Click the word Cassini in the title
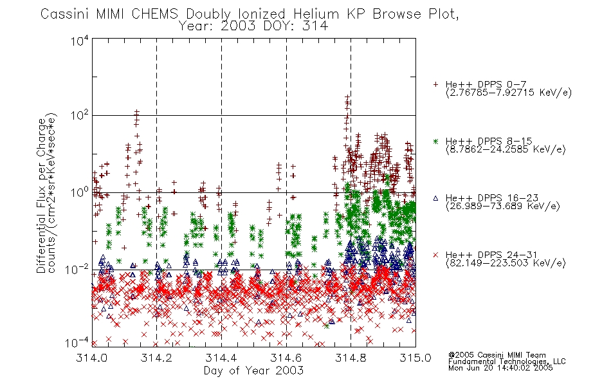[66, 14]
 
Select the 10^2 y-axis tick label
[80, 116]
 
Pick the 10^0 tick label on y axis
[80, 192]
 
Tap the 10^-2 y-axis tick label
[77, 270]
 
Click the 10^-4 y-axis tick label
[77, 343]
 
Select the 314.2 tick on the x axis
[156, 358]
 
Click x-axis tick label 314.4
[221, 358]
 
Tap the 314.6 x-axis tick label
[286, 358]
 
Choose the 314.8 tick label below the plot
[351, 358]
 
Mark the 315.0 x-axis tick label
[415, 358]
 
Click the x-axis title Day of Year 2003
[253, 371]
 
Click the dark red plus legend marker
[435, 84]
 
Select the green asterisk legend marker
[435, 141]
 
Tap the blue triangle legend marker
[435, 198]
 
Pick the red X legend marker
[435, 255]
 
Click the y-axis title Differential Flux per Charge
[41, 196]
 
